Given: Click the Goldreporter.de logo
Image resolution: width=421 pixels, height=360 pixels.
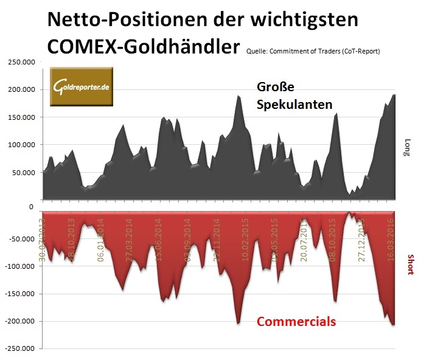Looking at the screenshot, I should tap(82, 88).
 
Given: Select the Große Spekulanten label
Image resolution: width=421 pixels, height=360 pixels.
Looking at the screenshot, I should tap(294, 95).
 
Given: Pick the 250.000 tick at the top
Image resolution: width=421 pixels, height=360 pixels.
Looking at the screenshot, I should tap(21, 62).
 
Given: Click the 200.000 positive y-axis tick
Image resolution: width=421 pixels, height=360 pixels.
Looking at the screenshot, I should tap(21, 89).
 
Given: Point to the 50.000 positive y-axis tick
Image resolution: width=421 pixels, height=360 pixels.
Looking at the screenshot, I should tap(23, 173).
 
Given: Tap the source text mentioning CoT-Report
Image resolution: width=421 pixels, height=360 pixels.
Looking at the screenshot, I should tap(313, 51).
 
